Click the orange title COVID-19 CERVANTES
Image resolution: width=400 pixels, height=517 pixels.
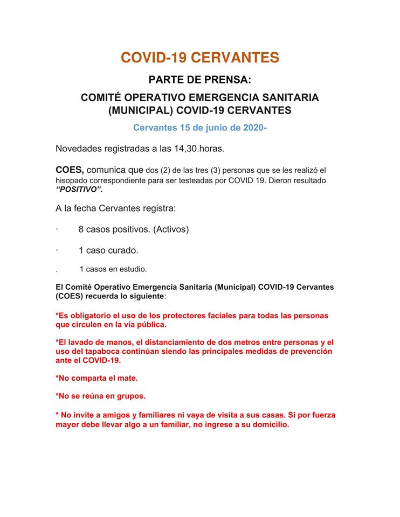(199, 58)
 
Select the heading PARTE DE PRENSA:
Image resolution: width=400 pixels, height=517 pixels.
(199, 80)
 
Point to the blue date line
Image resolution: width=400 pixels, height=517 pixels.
(199, 128)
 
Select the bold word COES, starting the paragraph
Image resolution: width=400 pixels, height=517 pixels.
(70, 170)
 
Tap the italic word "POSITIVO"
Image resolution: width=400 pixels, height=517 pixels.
(79, 190)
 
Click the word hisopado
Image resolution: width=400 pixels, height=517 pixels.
(72, 180)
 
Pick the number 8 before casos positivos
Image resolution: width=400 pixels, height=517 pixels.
(81, 229)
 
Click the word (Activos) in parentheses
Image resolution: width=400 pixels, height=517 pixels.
(171, 229)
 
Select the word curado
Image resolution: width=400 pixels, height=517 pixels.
(121, 250)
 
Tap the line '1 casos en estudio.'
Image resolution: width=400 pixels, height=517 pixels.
(113, 269)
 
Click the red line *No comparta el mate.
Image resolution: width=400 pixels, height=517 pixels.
(96, 378)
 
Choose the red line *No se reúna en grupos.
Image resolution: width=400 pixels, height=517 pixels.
(100, 396)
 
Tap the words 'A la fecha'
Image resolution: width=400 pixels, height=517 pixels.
(77, 208)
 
